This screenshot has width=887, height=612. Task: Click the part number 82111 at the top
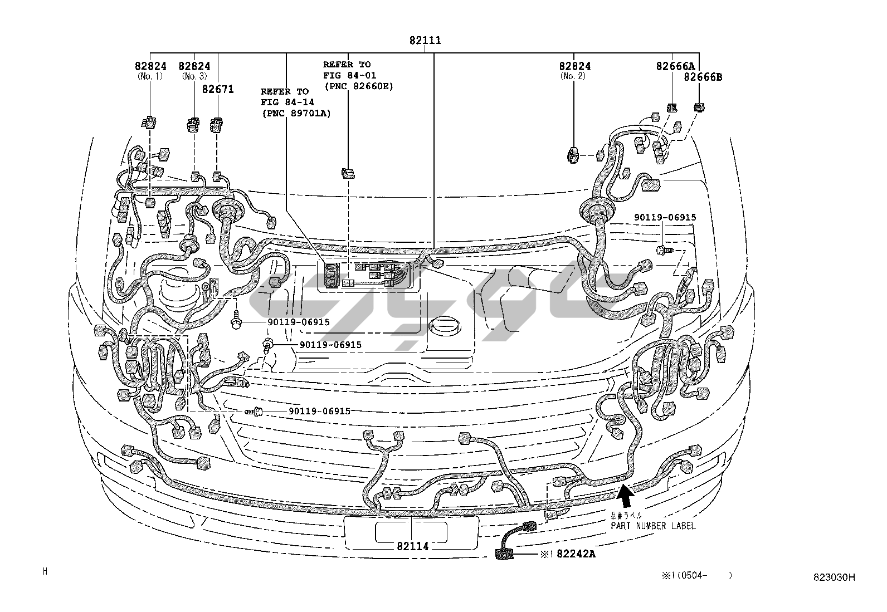pos(425,41)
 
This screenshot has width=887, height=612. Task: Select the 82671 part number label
pos(218,89)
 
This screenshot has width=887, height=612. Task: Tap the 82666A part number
pos(671,66)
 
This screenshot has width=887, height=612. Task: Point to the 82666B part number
pos(703,77)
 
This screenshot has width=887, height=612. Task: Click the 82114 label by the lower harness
pos(413,546)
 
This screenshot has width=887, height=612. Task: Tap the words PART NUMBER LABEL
pos(653,526)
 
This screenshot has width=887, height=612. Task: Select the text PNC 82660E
pos(358,86)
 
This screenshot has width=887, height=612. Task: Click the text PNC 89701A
pos(296,114)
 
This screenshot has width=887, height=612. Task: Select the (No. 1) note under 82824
pos(150,76)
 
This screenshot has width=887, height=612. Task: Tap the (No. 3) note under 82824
pos(194,76)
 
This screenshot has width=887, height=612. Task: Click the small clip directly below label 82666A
pos(672,107)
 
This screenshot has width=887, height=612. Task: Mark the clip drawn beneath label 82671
pos(216,125)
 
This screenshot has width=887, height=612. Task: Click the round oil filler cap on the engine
pos(443,327)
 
